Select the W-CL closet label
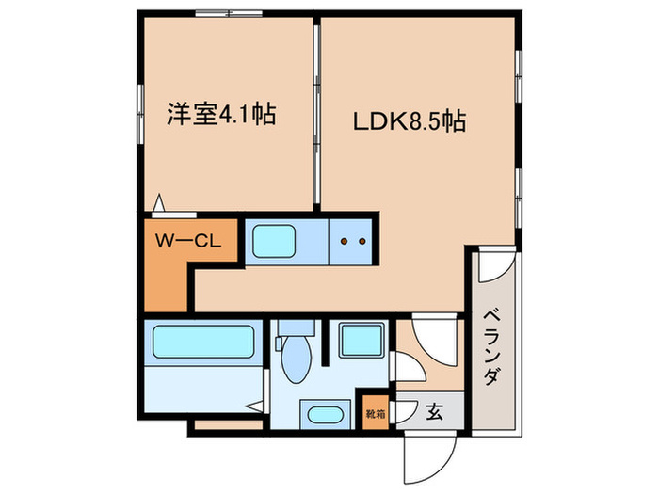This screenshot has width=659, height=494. point(186,242)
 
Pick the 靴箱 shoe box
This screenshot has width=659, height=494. point(374,411)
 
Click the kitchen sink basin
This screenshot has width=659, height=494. point(285,243)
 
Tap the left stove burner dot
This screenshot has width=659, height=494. point(344,242)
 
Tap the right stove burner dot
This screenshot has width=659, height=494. point(361,242)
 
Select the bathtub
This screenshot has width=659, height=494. point(201,343)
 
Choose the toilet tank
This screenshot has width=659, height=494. point(296,330)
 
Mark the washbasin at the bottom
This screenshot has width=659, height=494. point(324,415)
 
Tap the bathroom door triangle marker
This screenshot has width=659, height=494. point(254,407)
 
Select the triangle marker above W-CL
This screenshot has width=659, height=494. point(159,202)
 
